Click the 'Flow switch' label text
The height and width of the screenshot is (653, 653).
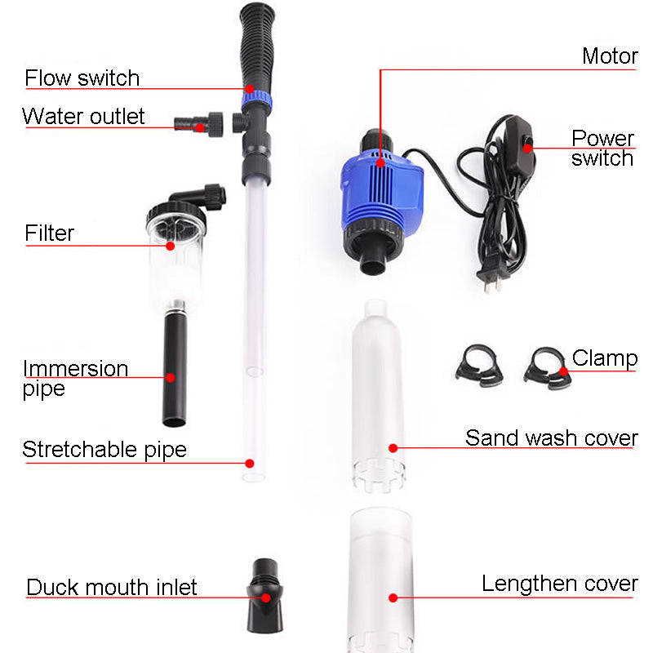(82, 78)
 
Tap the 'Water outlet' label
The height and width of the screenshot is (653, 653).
(83, 116)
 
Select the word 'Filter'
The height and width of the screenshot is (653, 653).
(49, 233)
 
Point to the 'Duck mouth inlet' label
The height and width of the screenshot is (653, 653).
(112, 588)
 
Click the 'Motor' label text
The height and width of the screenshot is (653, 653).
(609, 56)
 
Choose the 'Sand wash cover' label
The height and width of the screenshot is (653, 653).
(551, 438)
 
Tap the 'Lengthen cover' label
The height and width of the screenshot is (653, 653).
(559, 584)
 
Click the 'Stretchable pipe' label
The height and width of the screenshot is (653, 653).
(104, 450)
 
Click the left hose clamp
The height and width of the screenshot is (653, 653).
(478, 365)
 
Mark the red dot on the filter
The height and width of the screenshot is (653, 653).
(171, 245)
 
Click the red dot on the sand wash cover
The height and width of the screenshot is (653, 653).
(393, 447)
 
